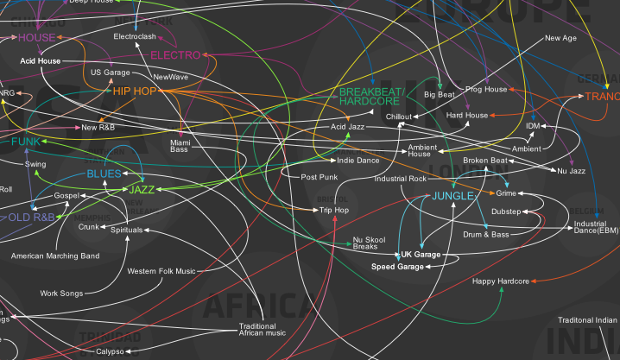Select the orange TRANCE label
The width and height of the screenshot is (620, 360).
coord(601,97)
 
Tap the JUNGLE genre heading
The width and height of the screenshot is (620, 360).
coord(452,196)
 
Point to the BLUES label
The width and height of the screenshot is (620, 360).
coord(104,174)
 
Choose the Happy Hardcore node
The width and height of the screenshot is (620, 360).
coord(501,281)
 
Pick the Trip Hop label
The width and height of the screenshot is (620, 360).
coord(333,210)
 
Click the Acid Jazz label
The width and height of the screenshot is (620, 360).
coord(348,127)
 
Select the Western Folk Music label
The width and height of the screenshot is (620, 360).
coord(161,271)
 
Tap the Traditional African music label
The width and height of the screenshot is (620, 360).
coord(262,329)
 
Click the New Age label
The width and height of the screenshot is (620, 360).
coord(560,39)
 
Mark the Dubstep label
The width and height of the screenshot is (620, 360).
coord(506,211)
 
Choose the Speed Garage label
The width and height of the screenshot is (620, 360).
coord(397,267)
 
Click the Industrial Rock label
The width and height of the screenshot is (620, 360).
coord(401,179)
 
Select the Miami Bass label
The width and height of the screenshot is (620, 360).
coord(180,146)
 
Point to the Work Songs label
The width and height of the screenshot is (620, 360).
coord(61,294)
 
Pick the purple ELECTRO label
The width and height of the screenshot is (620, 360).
coord(174,55)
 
